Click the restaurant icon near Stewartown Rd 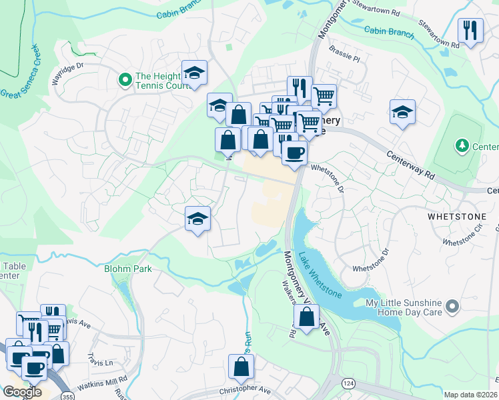[x=471, y=31]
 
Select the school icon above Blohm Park [x=197, y=219]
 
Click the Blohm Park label [x=127, y=269]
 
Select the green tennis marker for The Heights [x=124, y=81]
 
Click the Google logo [x=22, y=391]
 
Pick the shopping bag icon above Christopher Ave [x=241, y=367]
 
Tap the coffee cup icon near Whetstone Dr [x=294, y=153]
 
